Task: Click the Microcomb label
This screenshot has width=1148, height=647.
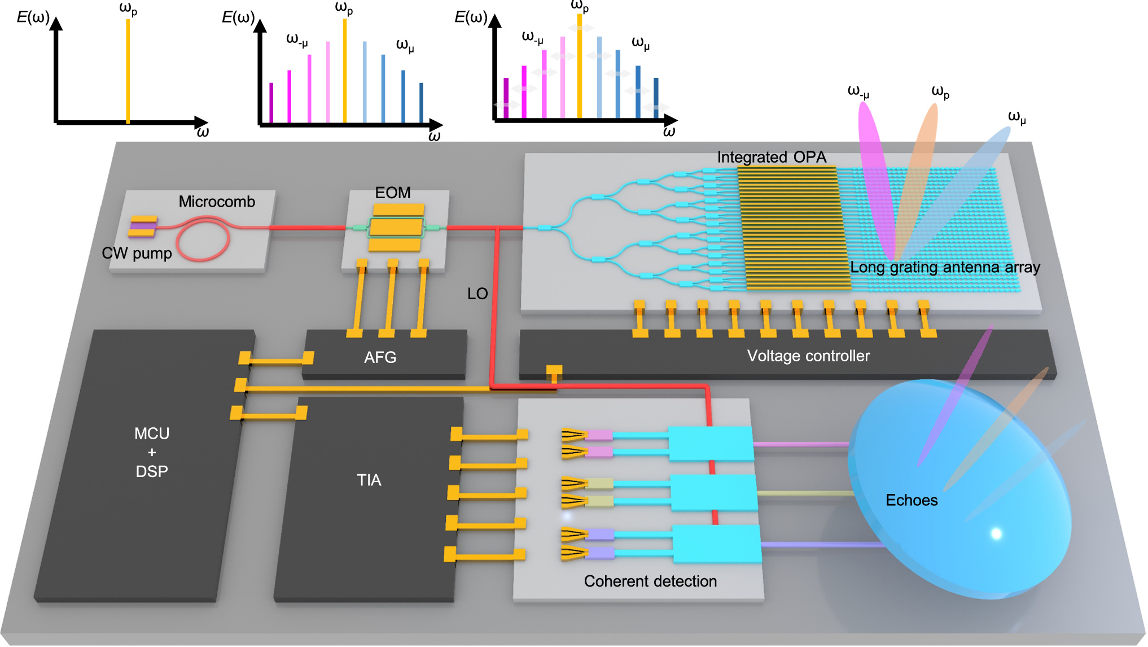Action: point(217,202)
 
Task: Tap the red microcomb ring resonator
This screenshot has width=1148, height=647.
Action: point(203,240)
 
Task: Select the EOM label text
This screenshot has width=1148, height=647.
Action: point(393,193)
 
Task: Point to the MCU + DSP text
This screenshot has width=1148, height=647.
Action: point(152,452)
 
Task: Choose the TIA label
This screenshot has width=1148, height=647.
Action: point(369,480)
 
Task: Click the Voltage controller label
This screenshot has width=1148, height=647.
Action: point(808,356)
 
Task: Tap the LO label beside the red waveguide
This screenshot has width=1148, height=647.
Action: point(477,294)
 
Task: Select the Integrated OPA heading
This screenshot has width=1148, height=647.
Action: point(772,157)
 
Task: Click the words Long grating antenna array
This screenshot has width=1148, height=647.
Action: point(945,267)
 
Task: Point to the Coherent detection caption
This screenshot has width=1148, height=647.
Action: point(650,581)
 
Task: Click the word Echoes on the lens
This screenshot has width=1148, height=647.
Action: point(912,500)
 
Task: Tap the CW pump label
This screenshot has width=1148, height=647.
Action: point(137,253)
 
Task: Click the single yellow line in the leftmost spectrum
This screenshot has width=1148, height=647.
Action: point(128,71)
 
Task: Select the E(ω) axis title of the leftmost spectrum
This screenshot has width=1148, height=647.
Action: point(33,17)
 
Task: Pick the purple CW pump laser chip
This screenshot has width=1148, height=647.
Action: point(143,226)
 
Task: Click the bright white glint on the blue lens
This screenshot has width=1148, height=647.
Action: point(996,534)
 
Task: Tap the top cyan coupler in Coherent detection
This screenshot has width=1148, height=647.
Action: point(711,444)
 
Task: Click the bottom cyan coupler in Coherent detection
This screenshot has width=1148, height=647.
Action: point(717,544)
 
